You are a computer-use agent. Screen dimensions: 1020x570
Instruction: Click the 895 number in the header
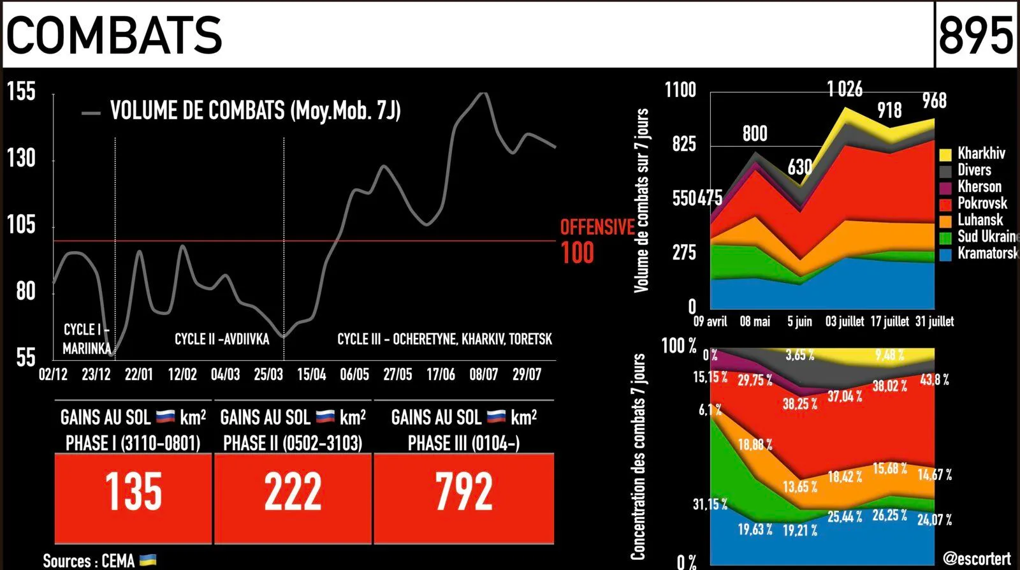[976, 35]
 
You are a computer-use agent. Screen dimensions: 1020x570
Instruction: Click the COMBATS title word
[114, 35]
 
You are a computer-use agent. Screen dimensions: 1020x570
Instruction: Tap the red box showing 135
[133, 498]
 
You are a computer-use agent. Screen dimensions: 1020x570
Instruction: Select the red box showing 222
[293, 498]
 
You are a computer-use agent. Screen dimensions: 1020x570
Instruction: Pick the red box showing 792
[464, 498]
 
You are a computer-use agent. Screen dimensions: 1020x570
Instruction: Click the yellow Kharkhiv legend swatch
[945, 154]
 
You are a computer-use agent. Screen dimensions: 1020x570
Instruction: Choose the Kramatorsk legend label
[987, 253]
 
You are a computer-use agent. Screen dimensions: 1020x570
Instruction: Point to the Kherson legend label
[979, 187]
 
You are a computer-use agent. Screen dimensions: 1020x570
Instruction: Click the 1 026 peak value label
[845, 89]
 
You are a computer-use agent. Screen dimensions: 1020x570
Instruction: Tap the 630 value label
[800, 167]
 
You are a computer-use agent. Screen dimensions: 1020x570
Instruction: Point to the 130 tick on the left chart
[22, 159]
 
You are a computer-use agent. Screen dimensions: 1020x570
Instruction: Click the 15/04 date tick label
[312, 375]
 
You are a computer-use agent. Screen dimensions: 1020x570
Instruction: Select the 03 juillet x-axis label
[845, 321]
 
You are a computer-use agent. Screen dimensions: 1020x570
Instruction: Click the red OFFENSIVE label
[597, 227]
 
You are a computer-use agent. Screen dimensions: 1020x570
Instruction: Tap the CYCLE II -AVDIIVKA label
[222, 339]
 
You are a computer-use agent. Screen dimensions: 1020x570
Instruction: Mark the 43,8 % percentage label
[935, 380]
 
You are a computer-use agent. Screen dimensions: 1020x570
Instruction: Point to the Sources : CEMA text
[89, 561]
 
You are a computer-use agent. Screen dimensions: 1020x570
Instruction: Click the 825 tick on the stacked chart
[685, 144]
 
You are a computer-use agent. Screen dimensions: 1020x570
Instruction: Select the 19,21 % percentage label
[800, 530]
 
